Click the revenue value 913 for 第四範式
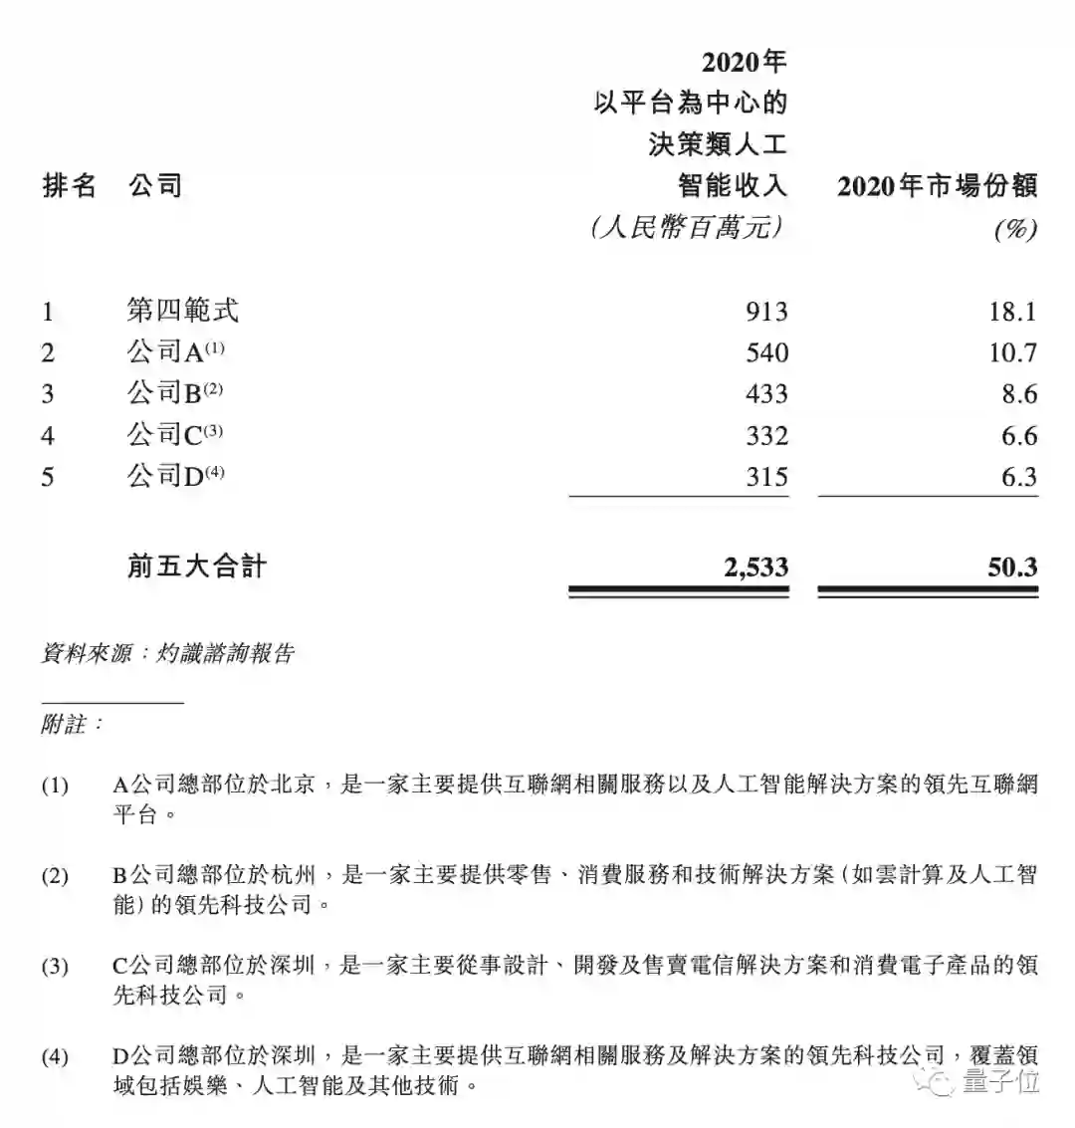click(x=766, y=312)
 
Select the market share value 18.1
click(x=1013, y=312)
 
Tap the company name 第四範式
click(x=183, y=311)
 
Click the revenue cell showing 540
click(x=766, y=353)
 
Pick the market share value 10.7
click(x=1013, y=353)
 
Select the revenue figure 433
click(x=766, y=395)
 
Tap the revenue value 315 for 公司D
click(x=766, y=478)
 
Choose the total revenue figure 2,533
click(x=753, y=567)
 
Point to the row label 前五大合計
click(x=196, y=567)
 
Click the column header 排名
click(x=70, y=186)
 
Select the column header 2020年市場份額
click(x=938, y=186)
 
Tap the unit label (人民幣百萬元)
click(x=688, y=228)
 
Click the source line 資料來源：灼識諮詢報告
click(x=168, y=653)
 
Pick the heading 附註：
click(x=72, y=724)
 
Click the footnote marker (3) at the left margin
click(x=55, y=966)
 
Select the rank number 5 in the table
click(x=48, y=478)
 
